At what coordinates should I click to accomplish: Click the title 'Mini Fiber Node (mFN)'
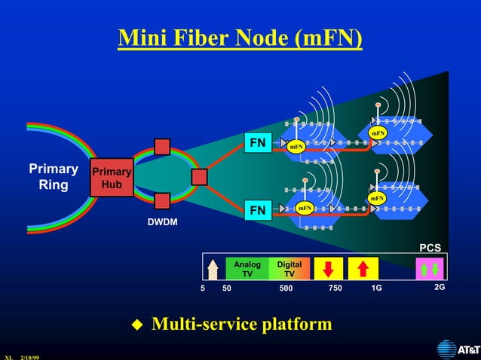240,38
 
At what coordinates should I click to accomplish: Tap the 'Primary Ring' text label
54,176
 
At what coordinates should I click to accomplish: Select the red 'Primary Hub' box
111,178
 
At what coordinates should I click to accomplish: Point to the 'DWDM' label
163,223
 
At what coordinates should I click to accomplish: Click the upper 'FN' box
258,143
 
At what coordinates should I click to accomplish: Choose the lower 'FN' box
258,210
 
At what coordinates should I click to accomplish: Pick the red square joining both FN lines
199,177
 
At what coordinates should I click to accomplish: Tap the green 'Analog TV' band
247,269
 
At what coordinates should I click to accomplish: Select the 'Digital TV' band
289,269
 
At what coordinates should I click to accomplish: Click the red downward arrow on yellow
328,269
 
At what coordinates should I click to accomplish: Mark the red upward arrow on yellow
363,269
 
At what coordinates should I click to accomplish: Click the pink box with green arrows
429,269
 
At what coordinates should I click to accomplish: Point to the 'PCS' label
430,248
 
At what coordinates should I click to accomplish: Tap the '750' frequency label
335,288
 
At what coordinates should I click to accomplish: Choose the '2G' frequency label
440,287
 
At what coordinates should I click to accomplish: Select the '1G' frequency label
376,288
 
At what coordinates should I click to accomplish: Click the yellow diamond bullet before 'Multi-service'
137,325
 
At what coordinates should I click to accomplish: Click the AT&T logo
457,349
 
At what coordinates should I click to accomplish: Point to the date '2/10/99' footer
30,357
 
